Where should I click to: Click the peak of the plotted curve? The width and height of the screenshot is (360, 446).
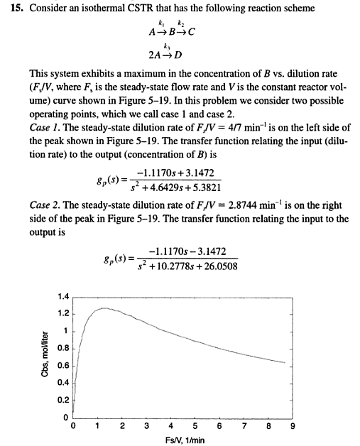104,308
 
